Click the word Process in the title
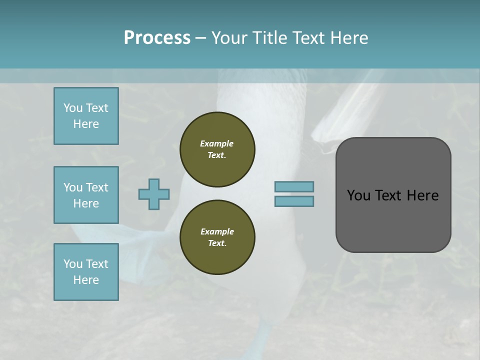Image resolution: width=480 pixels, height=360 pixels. pyautogui.click(x=157, y=38)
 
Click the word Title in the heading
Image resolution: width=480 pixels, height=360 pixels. pyautogui.click(x=268, y=38)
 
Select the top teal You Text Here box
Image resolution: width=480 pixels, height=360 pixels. pyautogui.click(x=86, y=116)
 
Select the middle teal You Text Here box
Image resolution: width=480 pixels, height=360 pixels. pyautogui.click(x=86, y=195)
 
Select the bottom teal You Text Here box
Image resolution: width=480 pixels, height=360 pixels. pyautogui.click(x=86, y=272)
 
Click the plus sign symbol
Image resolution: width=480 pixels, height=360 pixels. pyautogui.click(x=154, y=194)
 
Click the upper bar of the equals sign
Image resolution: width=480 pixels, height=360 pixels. pyautogui.click(x=294, y=186)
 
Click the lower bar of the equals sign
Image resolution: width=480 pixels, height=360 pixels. pyautogui.click(x=294, y=201)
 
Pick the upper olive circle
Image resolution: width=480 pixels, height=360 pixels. pyautogui.click(x=217, y=149)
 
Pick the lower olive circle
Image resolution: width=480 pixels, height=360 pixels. pyautogui.click(x=217, y=237)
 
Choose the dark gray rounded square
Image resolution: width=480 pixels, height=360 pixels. pyautogui.click(x=393, y=195)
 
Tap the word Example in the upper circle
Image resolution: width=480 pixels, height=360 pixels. pyautogui.click(x=217, y=143)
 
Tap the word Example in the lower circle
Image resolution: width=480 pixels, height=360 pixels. pyautogui.click(x=217, y=231)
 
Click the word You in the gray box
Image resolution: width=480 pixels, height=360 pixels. pyautogui.click(x=358, y=195)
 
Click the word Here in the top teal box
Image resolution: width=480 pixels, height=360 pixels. pyautogui.click(x=86, y=124)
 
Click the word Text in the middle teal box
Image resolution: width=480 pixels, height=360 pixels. pyautogui.click(x=97, y=187)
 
